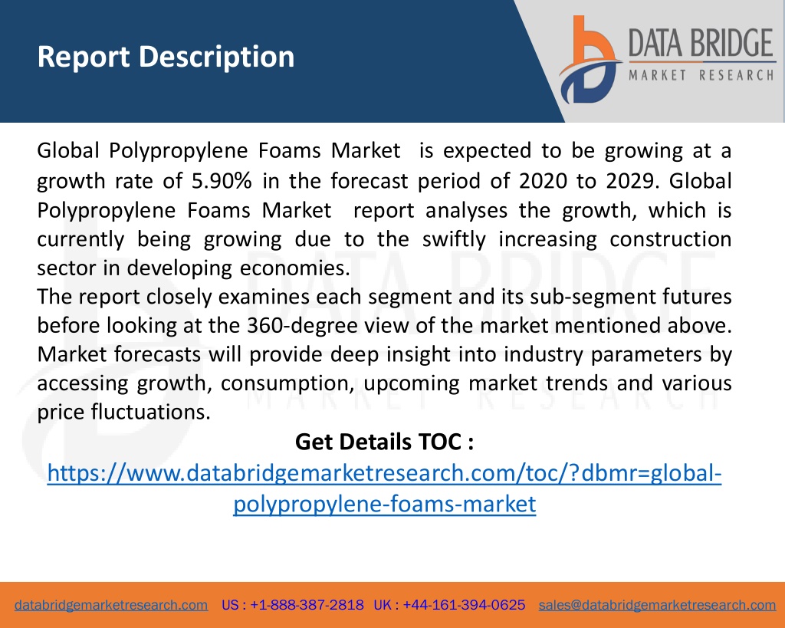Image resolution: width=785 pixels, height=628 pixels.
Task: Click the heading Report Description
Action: tap(166, 57)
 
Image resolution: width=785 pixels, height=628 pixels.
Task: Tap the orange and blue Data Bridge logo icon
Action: tap(590, 59)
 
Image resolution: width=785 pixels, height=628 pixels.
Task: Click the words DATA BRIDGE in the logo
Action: tap(701, 43)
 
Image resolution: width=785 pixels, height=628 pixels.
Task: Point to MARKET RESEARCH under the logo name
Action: tap(701, 76)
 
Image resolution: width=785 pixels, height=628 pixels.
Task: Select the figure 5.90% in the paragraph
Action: tap(222, 181)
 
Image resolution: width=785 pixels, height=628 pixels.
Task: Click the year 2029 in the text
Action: tap(632, 181)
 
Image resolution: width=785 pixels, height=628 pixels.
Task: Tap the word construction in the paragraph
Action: tap(670, 239)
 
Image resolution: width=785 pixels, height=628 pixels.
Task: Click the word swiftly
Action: tap(454, 240)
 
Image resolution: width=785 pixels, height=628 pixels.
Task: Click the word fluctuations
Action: tap(151, 413)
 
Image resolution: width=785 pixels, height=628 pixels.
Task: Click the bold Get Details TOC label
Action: tap(384, 442)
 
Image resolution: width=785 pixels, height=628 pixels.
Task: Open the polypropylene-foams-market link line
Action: tap(385, 504)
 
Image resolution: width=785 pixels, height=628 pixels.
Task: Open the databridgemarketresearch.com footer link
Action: tap(111, 605)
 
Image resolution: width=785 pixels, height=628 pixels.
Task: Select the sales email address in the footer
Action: tap(657, 605)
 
